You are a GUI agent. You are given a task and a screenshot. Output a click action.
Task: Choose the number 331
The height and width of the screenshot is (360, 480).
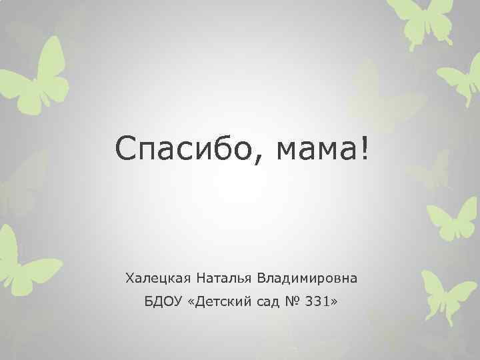click(x=317, y=303)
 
